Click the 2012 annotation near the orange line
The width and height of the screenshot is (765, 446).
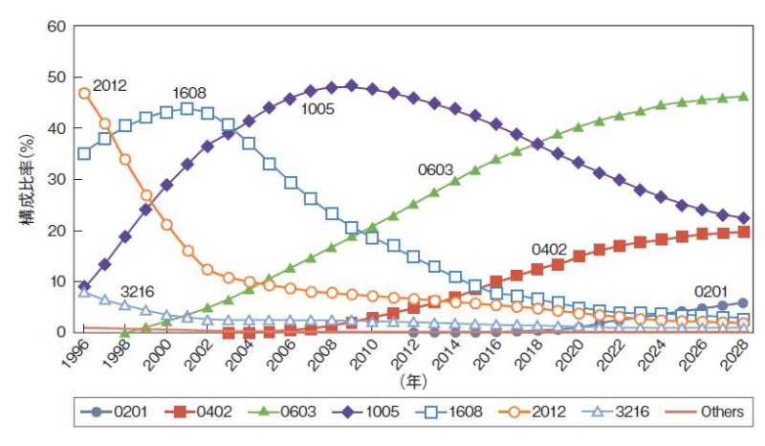click(110, 86)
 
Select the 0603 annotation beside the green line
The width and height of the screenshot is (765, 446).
click(435, 169)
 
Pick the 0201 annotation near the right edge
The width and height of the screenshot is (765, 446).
click(710, 291)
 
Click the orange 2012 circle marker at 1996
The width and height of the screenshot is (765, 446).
click(84, 93)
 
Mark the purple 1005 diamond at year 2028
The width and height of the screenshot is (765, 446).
click(743, 218)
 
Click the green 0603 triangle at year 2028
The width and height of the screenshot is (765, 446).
click(743, 96)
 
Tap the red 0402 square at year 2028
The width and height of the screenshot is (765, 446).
click(743, 233)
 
